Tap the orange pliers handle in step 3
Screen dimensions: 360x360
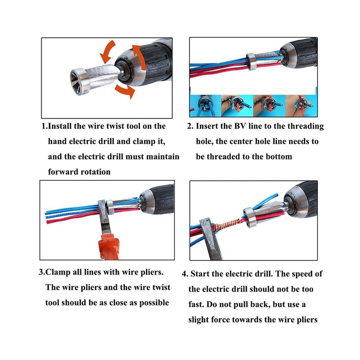109,248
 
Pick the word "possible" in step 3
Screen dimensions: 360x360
154,303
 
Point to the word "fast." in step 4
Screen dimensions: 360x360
196,304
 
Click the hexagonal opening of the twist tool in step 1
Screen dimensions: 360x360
76,82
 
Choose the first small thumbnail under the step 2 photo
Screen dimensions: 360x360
205,105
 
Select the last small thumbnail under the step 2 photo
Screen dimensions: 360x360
301,105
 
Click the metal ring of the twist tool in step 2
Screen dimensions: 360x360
252,61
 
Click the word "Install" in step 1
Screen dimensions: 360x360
60,126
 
